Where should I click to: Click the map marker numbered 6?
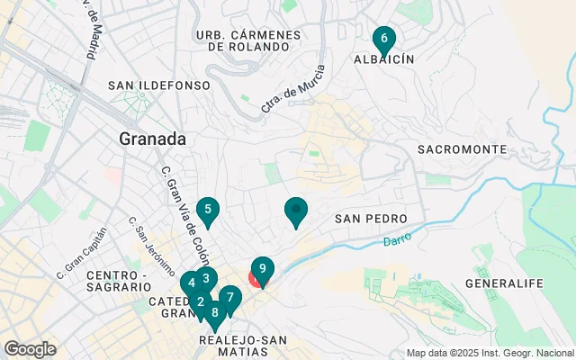click(384, 40)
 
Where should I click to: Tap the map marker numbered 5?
click(208, 211)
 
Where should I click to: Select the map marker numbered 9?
click(263, 268)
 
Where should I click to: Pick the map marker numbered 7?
click(230, 298)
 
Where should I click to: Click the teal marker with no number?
click(296, 211)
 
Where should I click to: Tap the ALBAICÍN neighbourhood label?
click(384, 59)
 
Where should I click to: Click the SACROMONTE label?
click(462, 148)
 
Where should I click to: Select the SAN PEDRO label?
click(371, 219)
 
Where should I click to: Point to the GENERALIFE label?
click(505, 283)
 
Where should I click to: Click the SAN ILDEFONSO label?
click(158, 85)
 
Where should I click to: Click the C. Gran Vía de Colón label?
click(180, 210)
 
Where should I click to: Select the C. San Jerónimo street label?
click(150, 245)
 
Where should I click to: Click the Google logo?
click(31, 348)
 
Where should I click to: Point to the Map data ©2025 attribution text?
click(490, 353)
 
